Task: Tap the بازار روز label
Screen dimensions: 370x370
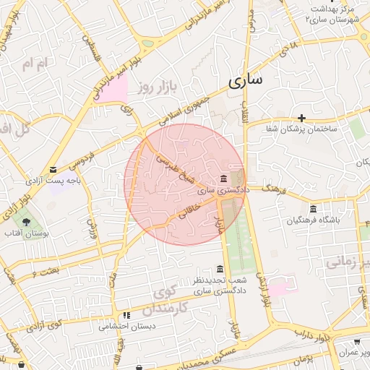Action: click(158, 87)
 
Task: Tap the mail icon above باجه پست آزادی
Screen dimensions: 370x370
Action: click(52, 170)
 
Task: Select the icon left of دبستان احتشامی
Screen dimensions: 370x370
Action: click(126, 315)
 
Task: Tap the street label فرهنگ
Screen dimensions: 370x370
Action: click(275, 190)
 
